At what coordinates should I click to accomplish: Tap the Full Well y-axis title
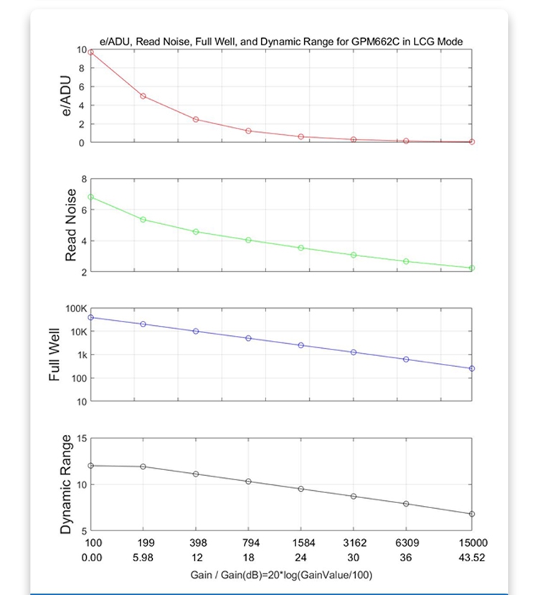(x=55, y=355)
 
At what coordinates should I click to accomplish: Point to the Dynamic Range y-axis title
(x=66, y=484)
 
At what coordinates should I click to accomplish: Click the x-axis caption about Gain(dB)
(x=281, y=575)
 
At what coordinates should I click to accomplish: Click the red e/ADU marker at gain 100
(x=90, y=52)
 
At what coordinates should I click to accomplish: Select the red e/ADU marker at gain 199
(x=143, y=96)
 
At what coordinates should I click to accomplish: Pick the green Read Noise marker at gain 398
(x=196, y=232)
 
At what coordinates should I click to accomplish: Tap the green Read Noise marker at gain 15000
(x=472, y=268)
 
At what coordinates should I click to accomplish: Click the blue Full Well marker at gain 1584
(x=301, y=345)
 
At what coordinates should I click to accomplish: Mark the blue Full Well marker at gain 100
(x=90, y=317)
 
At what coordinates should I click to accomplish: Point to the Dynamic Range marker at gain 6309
(x=406, y=504)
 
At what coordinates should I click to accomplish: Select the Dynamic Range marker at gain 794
(x=248, y=482)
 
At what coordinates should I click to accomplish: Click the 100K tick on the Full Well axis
(x=75, y=309)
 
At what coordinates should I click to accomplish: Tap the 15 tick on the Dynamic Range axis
(x=81, y=439)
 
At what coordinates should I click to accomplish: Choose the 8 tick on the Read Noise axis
(x=83, y=179)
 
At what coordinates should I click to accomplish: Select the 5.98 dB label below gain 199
(x=143, y=558)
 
